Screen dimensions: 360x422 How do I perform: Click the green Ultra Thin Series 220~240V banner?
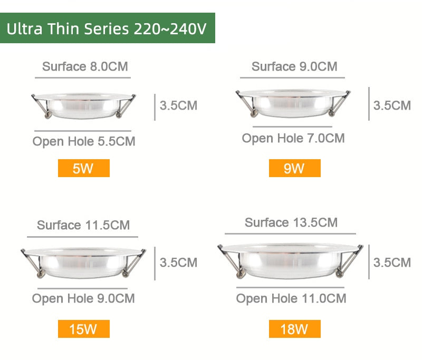107,28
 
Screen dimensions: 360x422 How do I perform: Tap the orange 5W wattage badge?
83,169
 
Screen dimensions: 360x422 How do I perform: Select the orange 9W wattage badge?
294,169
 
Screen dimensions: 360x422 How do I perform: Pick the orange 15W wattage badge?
83,329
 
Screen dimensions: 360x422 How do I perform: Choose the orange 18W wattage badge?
294,329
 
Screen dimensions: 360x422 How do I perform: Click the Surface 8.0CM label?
85,66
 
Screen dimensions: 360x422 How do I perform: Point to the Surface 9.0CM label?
294,66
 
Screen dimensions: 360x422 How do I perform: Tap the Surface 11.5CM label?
83,225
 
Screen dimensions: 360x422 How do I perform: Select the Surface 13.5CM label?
291,222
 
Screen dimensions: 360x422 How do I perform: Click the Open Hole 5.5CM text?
84,141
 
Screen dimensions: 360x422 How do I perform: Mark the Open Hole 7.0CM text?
293,138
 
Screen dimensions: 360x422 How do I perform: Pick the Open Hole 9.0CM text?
83,298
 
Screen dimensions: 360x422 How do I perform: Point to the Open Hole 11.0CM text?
291,298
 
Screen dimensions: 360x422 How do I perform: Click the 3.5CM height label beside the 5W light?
178,105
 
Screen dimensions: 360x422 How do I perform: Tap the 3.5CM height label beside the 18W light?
392,262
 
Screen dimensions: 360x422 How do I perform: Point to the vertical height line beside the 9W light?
369,104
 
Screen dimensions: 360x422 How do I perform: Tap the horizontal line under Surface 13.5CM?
290,233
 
